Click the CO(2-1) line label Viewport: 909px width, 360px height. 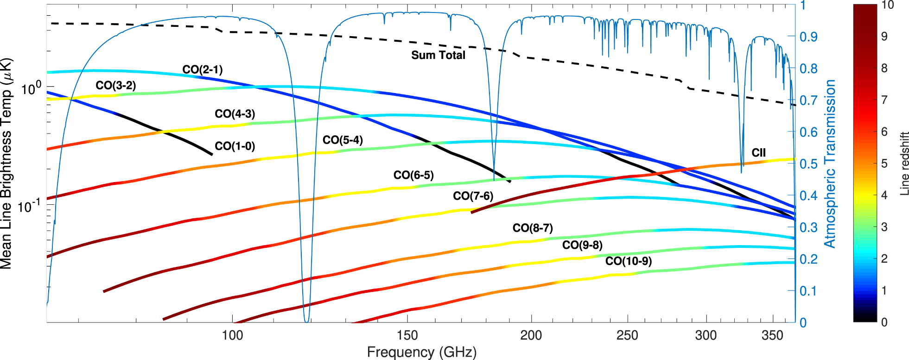coord(202,69)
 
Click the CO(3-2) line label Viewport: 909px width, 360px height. coord(115,85)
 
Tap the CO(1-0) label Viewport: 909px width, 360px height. coord(235,146)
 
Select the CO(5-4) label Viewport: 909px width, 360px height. coord(343,140)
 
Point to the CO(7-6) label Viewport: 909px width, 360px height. coord(473,196)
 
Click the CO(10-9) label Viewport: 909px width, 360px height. coord(628,261)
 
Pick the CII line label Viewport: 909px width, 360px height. coord(758,152)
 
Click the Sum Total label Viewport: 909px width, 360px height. coord(438,55)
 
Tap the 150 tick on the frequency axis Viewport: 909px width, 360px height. coord(407,335)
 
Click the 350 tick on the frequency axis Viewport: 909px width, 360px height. coord(772,335)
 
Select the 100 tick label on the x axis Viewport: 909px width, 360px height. coord(232,335)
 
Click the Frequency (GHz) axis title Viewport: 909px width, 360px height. coord(421,352)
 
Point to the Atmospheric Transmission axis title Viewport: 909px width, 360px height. coord(830,164)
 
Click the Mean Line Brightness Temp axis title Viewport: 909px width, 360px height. coord(6,164)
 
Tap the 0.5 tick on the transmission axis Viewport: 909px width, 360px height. coord(808,164)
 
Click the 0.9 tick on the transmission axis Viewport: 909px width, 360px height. coord(808,37)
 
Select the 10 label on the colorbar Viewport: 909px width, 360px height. coord(887,5)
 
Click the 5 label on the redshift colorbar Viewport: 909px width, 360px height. coord(884,164)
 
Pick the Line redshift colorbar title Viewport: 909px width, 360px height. coord(904,164)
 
